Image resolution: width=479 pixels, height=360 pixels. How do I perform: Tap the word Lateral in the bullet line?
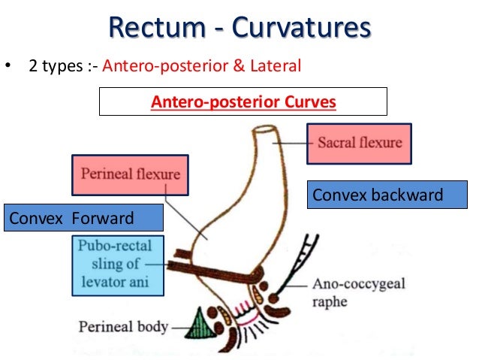(x=275, y=66)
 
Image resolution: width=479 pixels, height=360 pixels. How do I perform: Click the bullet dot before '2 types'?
(x=8, y=67)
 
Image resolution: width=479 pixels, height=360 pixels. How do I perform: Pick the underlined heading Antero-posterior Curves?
(x=243, y=101)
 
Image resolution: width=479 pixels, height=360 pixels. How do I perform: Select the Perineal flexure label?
(x=131, y=175)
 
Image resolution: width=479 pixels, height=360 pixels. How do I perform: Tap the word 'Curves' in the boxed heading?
(x=310, y=101)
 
